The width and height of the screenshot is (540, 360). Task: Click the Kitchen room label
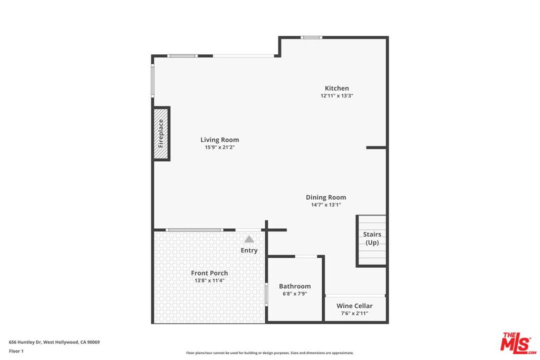point(336,88)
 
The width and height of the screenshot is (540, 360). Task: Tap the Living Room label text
point(219,140)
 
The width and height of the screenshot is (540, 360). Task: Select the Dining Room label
point(326,197)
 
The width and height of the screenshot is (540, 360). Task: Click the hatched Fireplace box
point(161,133)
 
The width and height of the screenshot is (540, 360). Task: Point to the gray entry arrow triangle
point(249,239)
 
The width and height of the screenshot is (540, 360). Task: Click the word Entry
point(249,250)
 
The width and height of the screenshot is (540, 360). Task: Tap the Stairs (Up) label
point(372,238)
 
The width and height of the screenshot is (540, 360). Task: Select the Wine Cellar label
point(354,306)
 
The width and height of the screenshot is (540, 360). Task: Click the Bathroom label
point(295,286)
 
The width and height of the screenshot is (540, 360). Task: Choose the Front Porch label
point(209,273)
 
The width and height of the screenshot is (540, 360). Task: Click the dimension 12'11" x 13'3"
point(336,96)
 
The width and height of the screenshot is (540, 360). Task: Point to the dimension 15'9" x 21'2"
point(219,148)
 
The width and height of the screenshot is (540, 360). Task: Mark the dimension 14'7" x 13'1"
point(326,205)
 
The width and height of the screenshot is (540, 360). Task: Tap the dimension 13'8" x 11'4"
point(209,281)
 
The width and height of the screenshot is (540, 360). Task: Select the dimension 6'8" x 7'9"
point(295,294)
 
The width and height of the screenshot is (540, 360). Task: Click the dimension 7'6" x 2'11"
point(354,313)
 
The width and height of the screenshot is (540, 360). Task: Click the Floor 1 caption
point(16,351)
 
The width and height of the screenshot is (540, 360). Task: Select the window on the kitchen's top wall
point(311,37)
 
